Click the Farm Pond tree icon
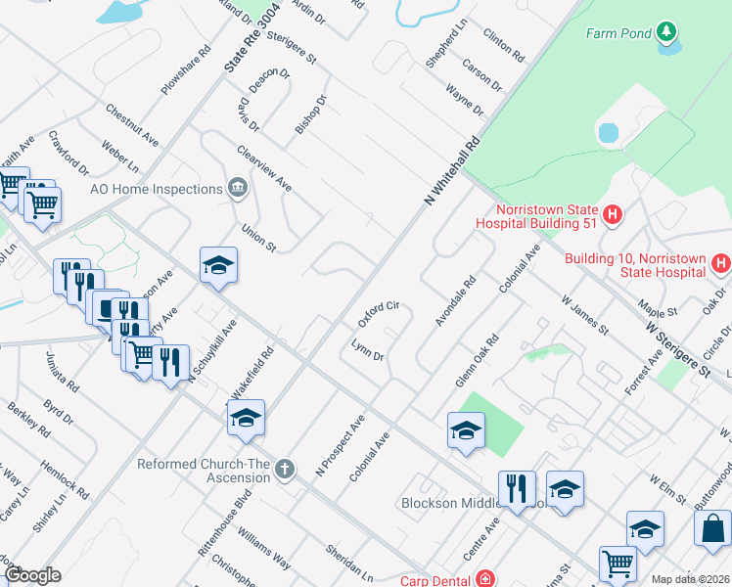666,32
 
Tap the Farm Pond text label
618,33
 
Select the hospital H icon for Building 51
613,214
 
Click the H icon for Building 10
721,264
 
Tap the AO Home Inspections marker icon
237,188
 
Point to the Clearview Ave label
264,168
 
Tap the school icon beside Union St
218,265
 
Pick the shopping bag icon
711,527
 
